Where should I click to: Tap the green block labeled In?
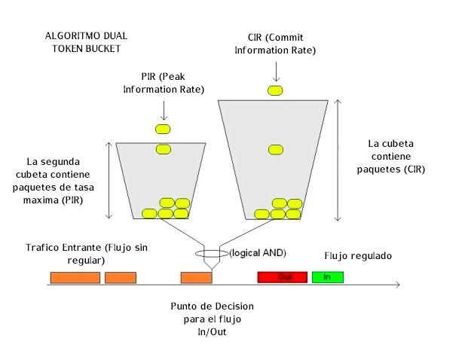pyautogui.click(x=327, y=277)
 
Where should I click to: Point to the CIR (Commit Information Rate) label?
pyautogui.click(x=275, y=44)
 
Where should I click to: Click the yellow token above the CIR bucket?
pyautogui.click(x=275, y=90)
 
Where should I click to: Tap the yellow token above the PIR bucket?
pyautogui.click(x=164, y=130)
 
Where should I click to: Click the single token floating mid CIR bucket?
pyautogui.click(x=275, y=149)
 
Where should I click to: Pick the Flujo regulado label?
pyautogui.click(x=358, y=256)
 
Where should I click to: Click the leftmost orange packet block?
pyautogui.click(x=75, y=277)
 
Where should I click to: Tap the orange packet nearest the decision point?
pyautogui.click(x=196, y=277)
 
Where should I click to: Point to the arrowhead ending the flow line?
pyautogui.click(x=397, y=285)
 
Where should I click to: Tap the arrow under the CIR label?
pyautogui.click(x=276, y=72)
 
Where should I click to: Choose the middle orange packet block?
pyautogui.click(x=121, y=277)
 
